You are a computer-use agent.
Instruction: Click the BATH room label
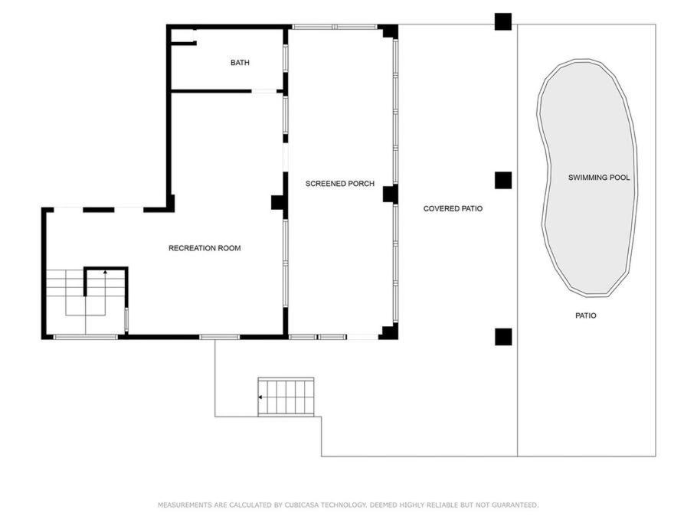point(240,63)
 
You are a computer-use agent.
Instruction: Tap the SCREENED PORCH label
point(339,184)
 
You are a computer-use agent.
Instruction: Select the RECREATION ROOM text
point(205,248)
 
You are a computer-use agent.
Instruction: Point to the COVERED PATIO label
point(453,208)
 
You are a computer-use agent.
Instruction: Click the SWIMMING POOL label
point(599,178)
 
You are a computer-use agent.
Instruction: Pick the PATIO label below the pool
point(585,315)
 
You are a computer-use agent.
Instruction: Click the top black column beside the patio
point(503,21)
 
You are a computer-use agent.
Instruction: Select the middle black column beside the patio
point(503,181)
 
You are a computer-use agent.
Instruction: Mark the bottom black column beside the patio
point(503,337)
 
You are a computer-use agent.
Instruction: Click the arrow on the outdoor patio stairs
point(261,397)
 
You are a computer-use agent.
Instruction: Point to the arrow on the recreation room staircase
point(105,272)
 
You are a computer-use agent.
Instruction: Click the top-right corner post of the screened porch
point(390,31)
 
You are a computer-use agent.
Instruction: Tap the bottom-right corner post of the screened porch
point(390,332)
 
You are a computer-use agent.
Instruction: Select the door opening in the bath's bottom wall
point(264,91)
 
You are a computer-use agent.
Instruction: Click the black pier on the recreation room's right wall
point(277,203)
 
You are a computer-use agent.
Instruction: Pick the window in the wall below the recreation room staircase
point(85,337)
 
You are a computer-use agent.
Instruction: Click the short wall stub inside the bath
point(184,43)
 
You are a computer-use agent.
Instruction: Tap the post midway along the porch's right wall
point(390,194)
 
